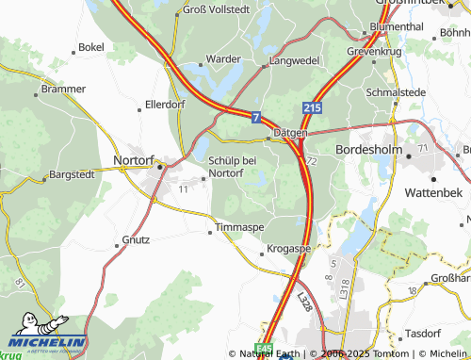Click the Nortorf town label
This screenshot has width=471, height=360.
point(134,159)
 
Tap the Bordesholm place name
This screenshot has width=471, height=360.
point(369,149)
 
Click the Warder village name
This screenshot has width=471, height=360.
point(224,58)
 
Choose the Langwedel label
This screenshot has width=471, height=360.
point(295,59)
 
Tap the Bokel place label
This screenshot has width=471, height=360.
point(91,46)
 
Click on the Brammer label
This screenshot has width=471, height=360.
point(57,90)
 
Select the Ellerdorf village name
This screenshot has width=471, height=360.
point(164,104)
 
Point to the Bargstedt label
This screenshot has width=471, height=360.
point(73,174)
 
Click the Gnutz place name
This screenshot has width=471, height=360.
point(136,239)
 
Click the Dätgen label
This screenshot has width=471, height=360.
point(290,133)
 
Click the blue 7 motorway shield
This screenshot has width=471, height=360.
point(256,117)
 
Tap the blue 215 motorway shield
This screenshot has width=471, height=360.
point(314,109)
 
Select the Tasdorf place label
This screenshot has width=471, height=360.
point(423,334)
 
